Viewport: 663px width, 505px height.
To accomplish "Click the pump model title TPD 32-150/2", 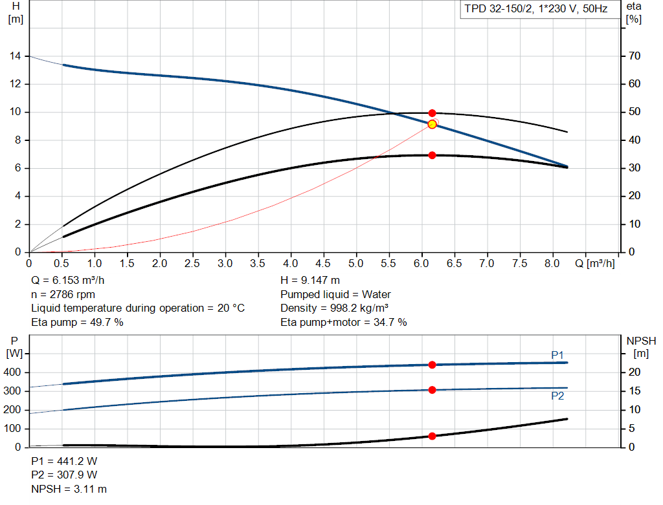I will point(535,10).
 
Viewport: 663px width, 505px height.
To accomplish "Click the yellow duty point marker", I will point(432,124).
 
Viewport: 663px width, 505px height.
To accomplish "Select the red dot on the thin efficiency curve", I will point(432,113).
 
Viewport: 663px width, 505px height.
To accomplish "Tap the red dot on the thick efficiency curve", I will point(432,155).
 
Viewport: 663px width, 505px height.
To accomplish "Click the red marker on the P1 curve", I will point(432,365).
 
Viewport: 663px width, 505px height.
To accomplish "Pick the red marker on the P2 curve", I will point(432,389).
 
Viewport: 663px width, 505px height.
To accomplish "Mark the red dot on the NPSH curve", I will point(432,436).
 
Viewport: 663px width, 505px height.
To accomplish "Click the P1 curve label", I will point(557,355).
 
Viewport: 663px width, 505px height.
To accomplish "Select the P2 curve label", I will point(557,396).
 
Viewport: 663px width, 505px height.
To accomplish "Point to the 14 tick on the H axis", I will point(16,56).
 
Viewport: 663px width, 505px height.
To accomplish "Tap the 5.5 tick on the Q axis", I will point(389,264).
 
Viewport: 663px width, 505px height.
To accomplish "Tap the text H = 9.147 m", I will point(310,281).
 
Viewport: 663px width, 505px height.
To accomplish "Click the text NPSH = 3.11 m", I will point(69,489).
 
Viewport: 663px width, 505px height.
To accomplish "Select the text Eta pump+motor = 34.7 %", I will point(344,322).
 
